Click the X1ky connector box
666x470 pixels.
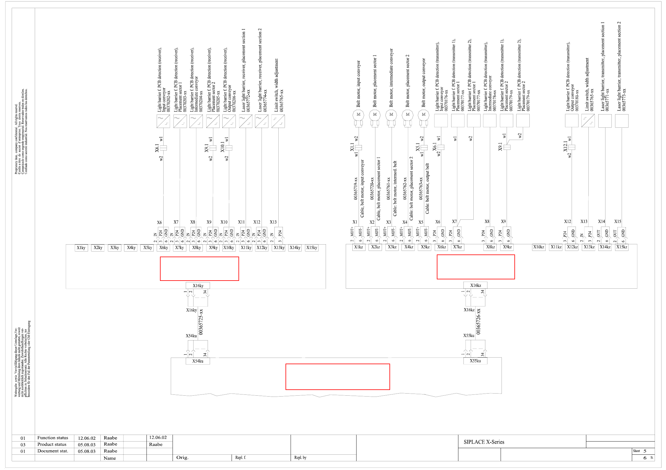pyautogui.click(x=81, y=248)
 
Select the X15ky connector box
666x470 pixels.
pyautogui.click(x=312, y=248)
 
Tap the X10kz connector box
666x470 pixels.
pyautogui.click(x=538, y=247)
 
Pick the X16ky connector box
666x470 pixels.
pyautogui.click(x=198, y=286)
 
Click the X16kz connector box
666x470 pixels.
pyautogui.click(x=475, y=285)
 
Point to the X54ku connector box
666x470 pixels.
pyautogui.click(x=198, y=361)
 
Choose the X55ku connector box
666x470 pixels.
pyautogui.click(x=475, y=361)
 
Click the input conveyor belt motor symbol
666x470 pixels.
pyautogui.click(x=358, y=115)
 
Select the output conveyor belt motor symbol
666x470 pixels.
pyautogui.click(x=424, y=115)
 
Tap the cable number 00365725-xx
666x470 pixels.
pyautogui.click(x=201, y=322)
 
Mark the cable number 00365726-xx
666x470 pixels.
pyautogui.click(x=478, y=322)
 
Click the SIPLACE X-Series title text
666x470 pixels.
pyautogui.click(x=484, y=442)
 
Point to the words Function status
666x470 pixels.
pyautogui.click(x=53, y=438)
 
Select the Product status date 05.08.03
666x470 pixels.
pyautogui.click(x=87, y=445)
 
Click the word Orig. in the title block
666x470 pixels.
pyautogui.click(x=182, y=458)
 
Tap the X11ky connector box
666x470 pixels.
pyautogui.click(x=246, y=248)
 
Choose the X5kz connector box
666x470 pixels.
pyautogui.click(x=425, y=247)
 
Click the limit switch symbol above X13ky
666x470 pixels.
pyautogui.click(x=278, y=121)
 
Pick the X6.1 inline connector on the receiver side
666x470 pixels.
pyautogui.click(x=163, y=148)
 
